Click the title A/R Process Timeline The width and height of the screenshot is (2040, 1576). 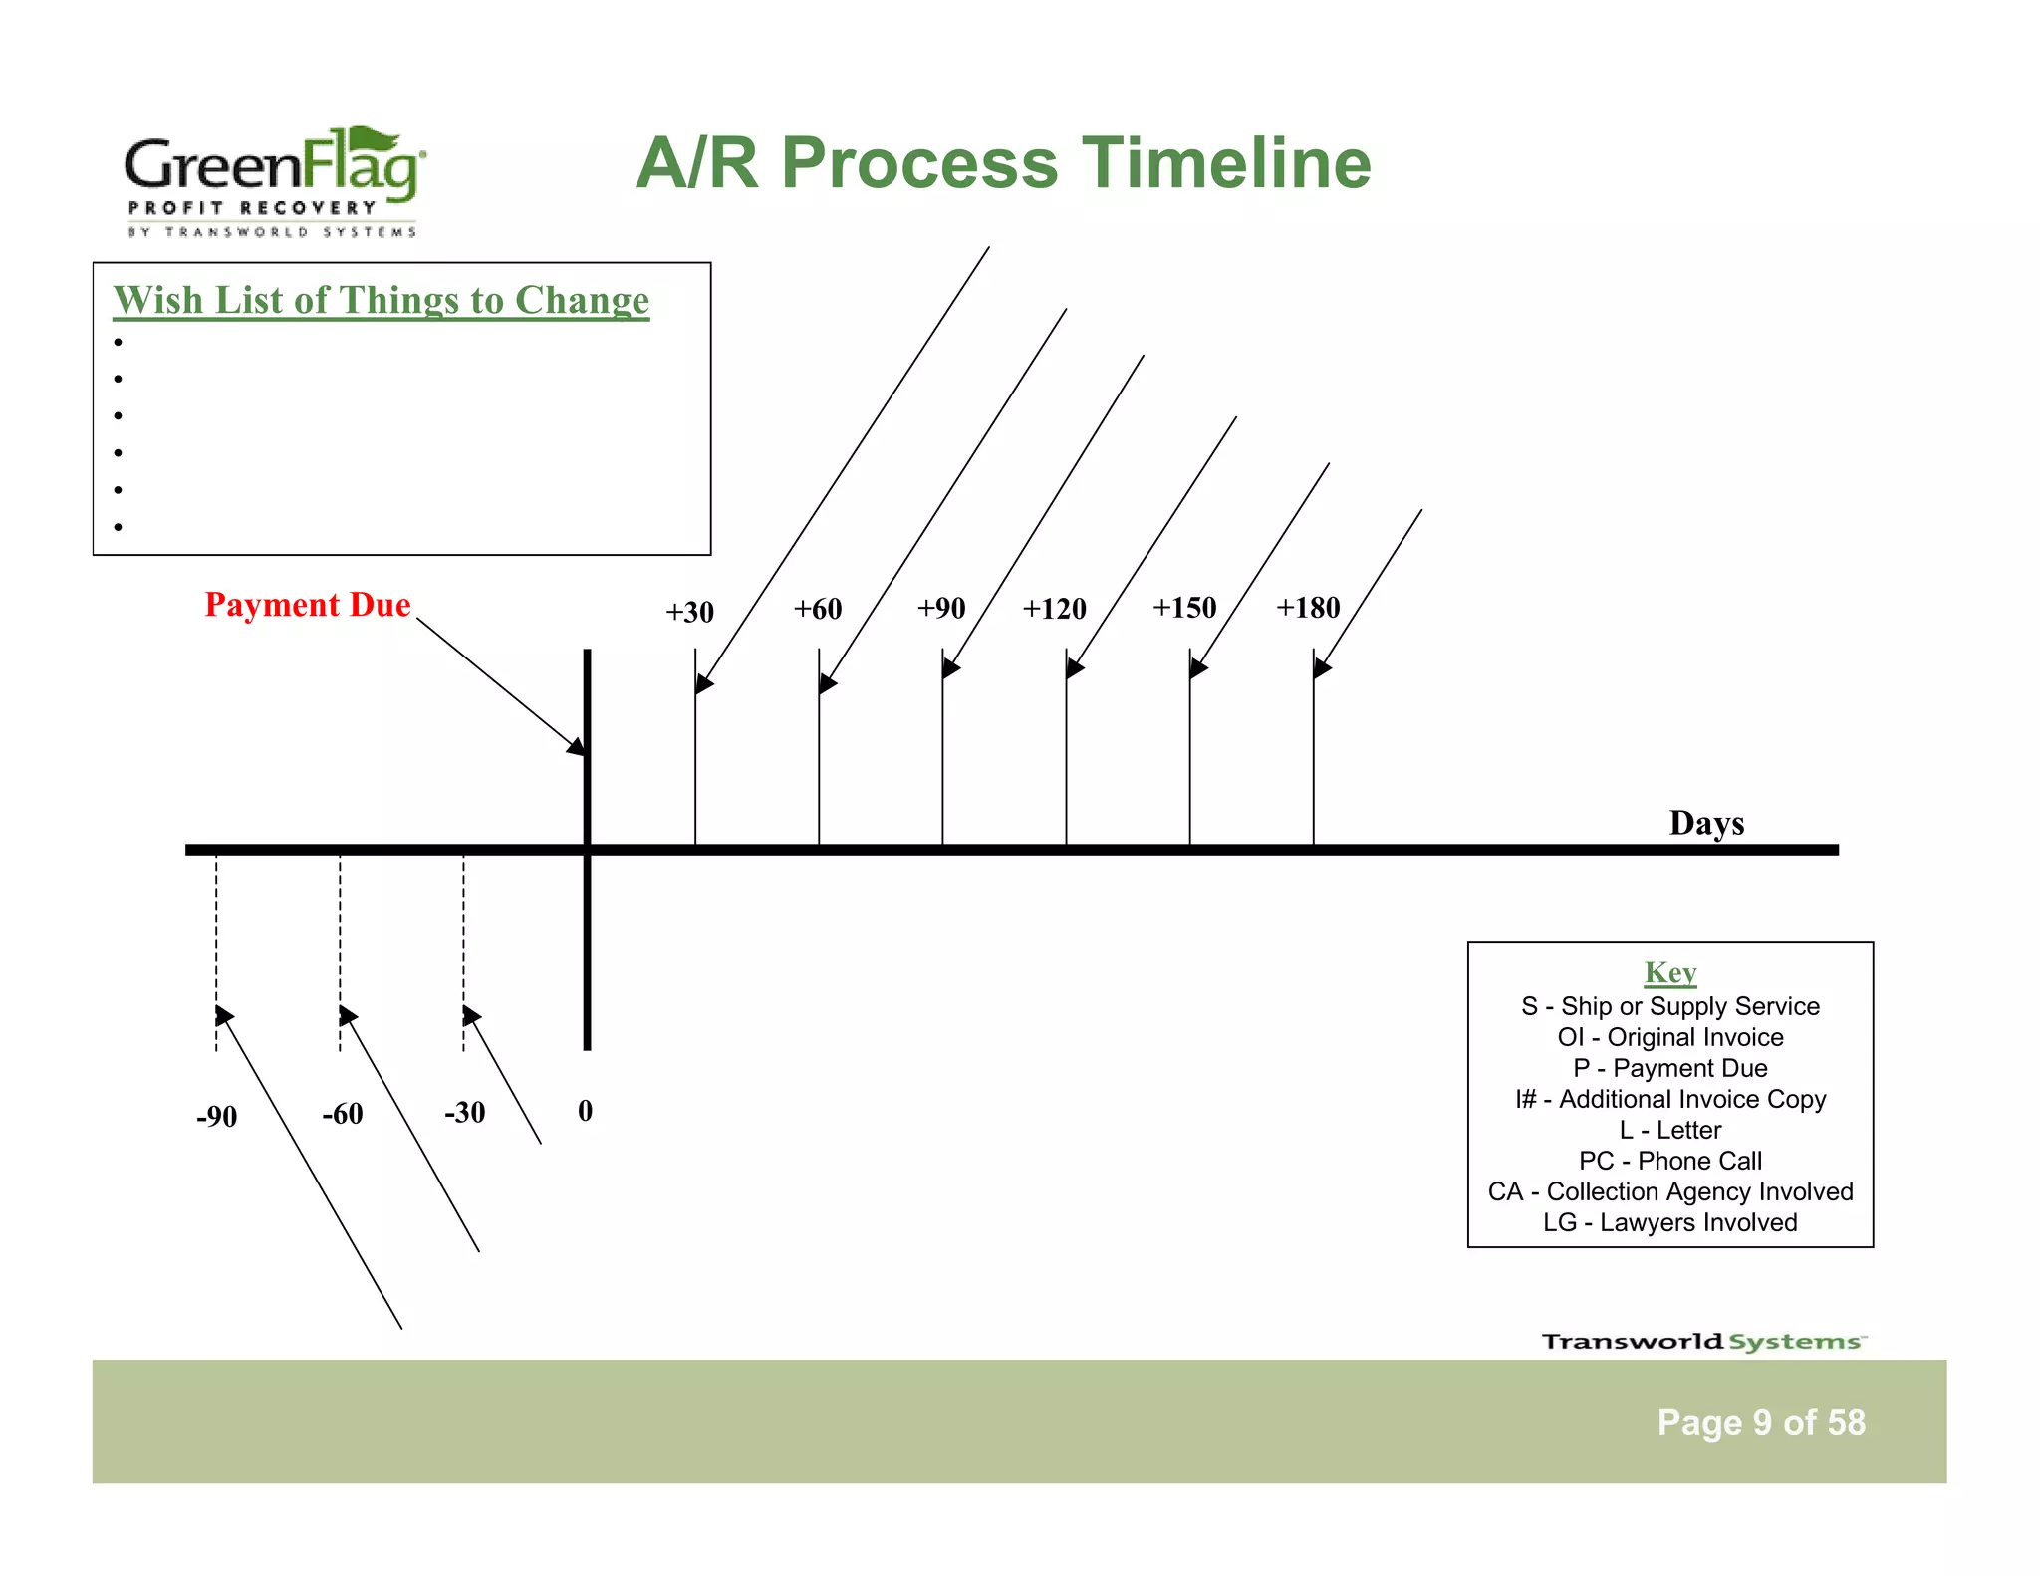click(x=1003, y=163)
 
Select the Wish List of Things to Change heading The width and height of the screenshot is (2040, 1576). click(x=381, y=300)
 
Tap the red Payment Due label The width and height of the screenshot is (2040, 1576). click(x=308, y=605)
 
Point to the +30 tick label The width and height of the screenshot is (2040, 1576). click(x=689, y=612)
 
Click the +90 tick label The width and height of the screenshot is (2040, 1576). click(x=941, y=608)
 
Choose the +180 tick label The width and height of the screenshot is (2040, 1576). click(x=1308, y=607)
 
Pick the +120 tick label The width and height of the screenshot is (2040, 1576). click(x=1054, y=608)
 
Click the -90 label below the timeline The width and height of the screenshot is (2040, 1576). click(x=216, y=1116)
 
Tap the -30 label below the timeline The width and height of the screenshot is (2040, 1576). click(x=464, y=1112)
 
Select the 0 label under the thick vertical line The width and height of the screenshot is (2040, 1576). click(x=585, y=1110)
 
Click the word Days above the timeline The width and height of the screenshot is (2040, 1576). click(x=1706, y=823)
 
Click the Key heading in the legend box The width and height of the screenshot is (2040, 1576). click(x=1669, y=972)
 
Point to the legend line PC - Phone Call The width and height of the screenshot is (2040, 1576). click(x=1669, y=1161)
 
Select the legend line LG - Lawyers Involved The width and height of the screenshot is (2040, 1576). click(x=1669, y=1222)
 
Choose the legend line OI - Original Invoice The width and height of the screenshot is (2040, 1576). click(x=1669, y=1037)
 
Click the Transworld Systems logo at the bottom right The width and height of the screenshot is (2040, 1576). click(x=1703, y=1341)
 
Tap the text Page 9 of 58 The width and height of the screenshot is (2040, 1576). click(x=1760, y=1422)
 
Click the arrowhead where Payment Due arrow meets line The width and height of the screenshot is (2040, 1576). click(x=578, y=747)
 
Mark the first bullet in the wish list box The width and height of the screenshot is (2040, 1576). click(x=118, y=343)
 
